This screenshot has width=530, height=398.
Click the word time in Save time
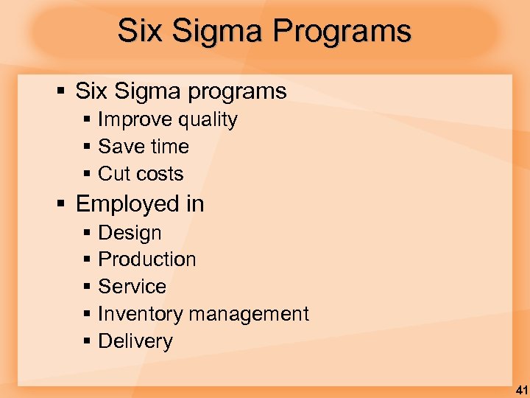coord(171,147)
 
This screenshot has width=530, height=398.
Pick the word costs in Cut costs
coord(161,174)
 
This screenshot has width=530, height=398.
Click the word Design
coord(130,233)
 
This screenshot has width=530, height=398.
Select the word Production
coord(147,259)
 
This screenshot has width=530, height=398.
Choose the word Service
coord(132,287)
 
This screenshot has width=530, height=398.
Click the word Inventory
coord(139,314)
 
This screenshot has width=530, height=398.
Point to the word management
coord(248,315)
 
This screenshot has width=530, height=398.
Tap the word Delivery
coord(135,341)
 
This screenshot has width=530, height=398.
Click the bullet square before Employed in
coord(62,203)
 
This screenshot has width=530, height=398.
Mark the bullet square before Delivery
coord(87,341)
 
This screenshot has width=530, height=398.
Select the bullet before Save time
coord(87,147)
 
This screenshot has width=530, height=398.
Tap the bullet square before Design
coord(87,233)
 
